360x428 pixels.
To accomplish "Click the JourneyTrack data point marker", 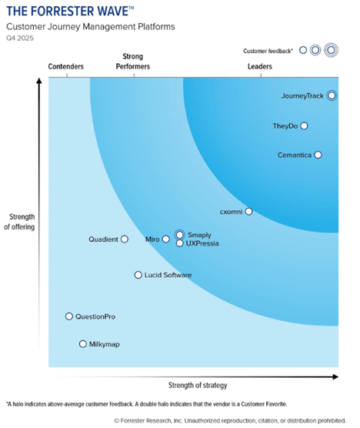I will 332,96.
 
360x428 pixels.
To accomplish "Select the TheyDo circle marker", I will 304,125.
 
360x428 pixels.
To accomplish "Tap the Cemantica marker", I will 318,155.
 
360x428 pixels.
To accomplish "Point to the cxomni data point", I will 248,211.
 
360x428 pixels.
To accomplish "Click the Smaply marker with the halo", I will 179,235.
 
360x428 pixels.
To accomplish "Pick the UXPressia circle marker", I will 179,243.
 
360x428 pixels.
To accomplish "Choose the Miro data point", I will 165,239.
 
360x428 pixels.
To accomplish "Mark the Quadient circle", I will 124,239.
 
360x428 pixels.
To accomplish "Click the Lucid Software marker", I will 138,275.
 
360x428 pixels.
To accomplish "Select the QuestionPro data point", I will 68,316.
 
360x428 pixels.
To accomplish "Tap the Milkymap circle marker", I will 83,344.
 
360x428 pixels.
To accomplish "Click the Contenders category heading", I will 66,67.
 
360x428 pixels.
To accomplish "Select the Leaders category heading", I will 259,67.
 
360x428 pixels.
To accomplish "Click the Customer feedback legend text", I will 269,50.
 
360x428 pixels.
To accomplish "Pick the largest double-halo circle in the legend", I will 332,50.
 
